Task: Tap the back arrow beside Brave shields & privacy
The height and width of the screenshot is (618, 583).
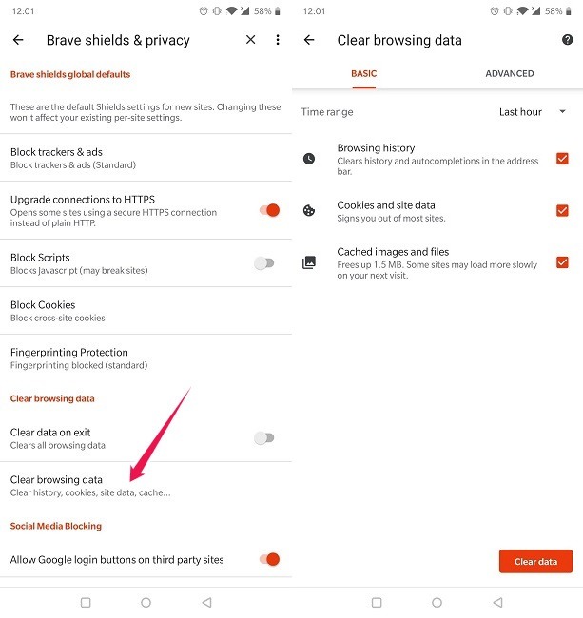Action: [x=18, y=40]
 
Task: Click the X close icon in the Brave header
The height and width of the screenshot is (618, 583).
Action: [x=251, y=40]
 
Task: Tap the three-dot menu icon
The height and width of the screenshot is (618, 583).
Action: [x=278, y=40]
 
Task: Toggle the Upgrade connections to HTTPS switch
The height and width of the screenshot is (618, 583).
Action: [x=269, y=209]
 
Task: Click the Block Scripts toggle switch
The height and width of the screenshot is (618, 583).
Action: [x=264, y=263]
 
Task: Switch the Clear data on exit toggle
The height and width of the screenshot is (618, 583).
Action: [x=264, y=438]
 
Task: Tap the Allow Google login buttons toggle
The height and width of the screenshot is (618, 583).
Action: [x=269, y=559]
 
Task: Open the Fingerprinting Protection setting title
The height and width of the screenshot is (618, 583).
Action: [x=69, y=352]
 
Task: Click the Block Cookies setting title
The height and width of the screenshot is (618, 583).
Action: [x=43, y=305]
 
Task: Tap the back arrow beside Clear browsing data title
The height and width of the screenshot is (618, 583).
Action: [x=309, y=40]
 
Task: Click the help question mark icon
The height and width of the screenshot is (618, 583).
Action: [x=568, y=40]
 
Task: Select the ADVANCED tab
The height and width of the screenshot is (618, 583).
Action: [x=510, y=73]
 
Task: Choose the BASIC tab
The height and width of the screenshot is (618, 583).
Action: [x=364, y=73]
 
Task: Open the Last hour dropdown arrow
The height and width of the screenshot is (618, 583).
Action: [x=563, y=112]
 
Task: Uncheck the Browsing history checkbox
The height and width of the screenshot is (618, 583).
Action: [x=562, y=159]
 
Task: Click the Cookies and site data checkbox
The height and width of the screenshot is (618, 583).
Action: [x=562, y=210]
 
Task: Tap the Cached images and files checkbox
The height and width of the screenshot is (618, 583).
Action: [x=562, y=262]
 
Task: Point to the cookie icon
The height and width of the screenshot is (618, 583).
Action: [x=309, y=211]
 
